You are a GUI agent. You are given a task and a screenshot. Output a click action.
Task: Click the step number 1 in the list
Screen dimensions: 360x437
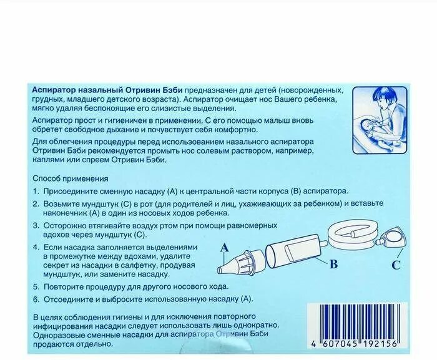click(36, 190)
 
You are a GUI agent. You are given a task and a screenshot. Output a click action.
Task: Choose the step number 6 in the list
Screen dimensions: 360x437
click(36, 298)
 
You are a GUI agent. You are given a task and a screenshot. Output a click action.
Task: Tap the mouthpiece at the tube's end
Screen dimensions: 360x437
click(391, 236)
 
